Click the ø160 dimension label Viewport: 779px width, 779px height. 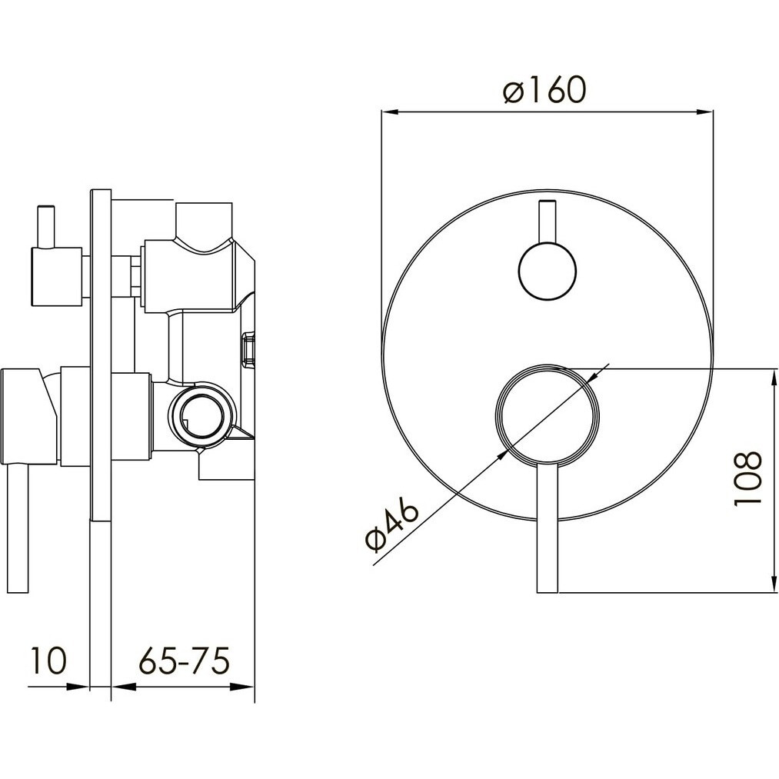pos(544,90)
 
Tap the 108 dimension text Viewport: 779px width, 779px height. pos(747,478)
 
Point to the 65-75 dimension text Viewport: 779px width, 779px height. pos(184,661)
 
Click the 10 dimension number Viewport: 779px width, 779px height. pos(48,661)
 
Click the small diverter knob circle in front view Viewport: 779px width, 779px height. pos(547,272)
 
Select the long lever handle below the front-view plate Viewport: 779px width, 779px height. pos(548,529)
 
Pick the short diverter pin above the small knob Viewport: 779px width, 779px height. pos(547,222)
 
